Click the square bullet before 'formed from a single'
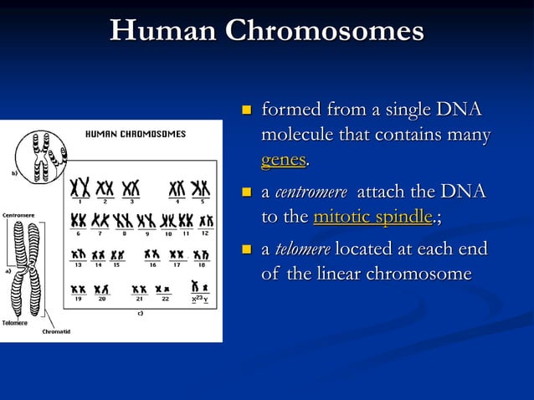coord(247,111)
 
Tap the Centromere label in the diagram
coord(18,215)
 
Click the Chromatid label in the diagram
coord(56,331)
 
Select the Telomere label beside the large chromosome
coord(13,322)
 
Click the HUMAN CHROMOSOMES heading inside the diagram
coord(136,134)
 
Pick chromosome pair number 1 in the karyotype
coord(80,187)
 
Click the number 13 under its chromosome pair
coord(79,264)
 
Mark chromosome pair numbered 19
coord(78,289)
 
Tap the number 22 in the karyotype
coord(165,298)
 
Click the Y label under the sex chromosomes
coord(205,299)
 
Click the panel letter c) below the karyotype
coord(141,313)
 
